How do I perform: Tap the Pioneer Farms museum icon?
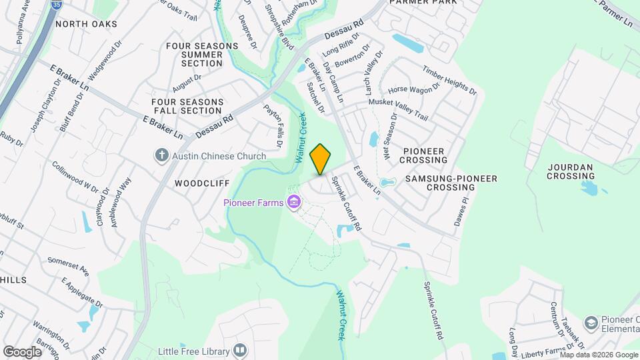pos(292,203)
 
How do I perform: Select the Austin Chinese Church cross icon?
pos(161,156)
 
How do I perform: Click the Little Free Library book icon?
pos(240,350)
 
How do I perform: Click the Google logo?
pos(22,351)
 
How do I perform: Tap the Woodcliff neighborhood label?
pos(202,183)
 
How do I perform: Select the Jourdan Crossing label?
pos(571,171)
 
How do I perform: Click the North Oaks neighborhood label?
pos(86,24)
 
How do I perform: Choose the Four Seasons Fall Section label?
pos(187,106)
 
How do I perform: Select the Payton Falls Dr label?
pos(274,125)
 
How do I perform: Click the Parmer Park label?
pos(433,3)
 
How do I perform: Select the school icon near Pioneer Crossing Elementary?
pos(591,323)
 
